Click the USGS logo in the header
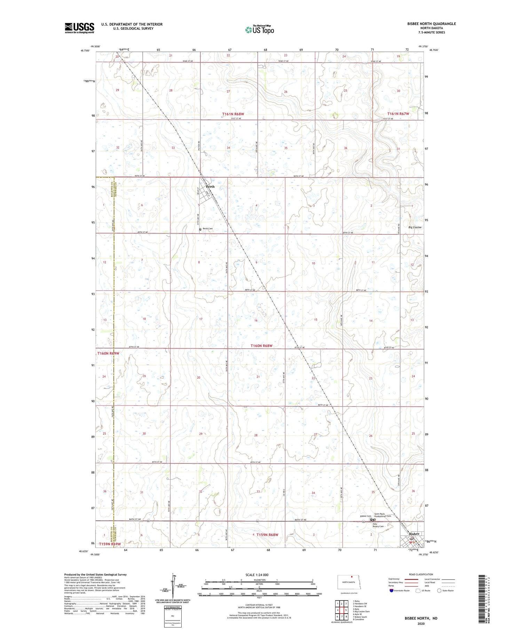pos(79,28)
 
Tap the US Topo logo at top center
pos(259,30)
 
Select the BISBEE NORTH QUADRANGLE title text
pos(427,24)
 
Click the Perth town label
pos(210,187)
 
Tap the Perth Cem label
pos(208,229)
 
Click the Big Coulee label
pos(415,227)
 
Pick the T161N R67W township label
pos(398,114)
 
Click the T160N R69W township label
pos(108,353)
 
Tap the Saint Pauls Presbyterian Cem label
pos(382,515)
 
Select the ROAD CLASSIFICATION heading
pos(421,574)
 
